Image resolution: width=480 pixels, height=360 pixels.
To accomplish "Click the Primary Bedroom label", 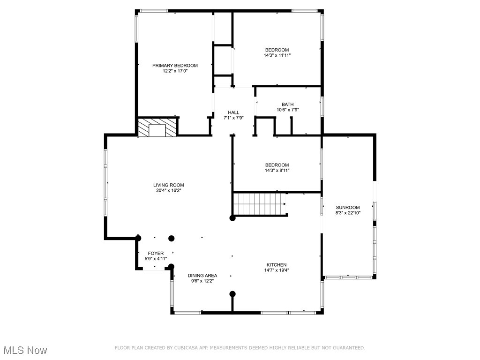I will [175, 66].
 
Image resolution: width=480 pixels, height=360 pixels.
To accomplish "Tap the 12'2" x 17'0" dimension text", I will [175, 71].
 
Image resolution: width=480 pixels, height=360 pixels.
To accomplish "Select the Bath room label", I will [287, 105].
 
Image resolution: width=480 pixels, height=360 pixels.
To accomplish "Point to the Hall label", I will [233, 112].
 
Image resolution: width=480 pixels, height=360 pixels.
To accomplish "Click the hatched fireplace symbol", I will [158, 127].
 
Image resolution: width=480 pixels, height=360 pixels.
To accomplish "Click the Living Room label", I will [168, 185].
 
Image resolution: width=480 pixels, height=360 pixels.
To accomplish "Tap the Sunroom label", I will [347, 208].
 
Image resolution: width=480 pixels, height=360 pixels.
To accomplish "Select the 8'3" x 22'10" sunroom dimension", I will [347, 213].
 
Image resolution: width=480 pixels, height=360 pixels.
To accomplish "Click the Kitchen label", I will [277, 265].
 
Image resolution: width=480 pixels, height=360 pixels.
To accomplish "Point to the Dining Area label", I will [202, 276].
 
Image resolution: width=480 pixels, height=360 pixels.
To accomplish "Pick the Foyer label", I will [156, 253].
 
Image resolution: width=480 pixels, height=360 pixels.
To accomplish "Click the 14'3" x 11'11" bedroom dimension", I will [277, 55].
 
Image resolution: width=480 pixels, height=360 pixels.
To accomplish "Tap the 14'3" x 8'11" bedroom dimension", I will [277, 171].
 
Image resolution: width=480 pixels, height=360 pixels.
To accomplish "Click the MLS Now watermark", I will [24, 350].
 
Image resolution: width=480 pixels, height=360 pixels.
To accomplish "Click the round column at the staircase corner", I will [232, 218].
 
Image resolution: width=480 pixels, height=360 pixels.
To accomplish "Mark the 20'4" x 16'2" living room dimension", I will [168, 191].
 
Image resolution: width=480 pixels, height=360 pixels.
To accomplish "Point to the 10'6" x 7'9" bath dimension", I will [287, 110].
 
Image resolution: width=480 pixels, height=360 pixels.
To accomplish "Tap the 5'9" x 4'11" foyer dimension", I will [156, 258].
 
